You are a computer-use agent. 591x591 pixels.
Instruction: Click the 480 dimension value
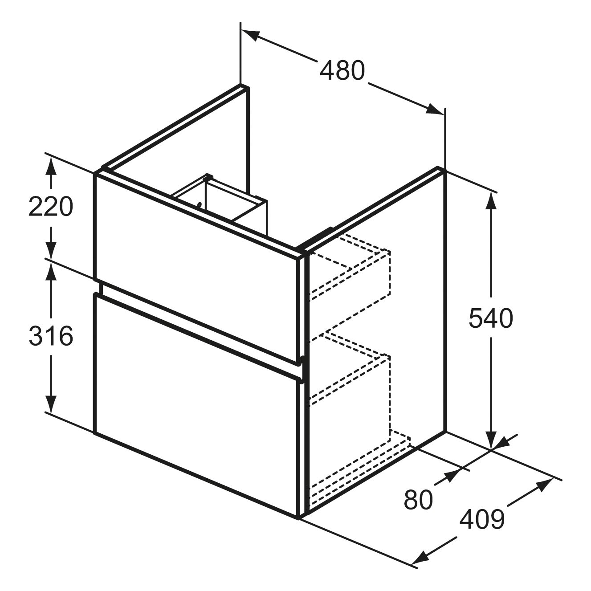click(x=342, y=70)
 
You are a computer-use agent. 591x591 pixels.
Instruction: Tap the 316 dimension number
click(x=51, y=336)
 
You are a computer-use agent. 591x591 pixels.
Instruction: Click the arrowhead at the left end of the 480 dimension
click(x=251, y=35)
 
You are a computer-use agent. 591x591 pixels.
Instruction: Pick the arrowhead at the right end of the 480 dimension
click(x=435, y=110)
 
